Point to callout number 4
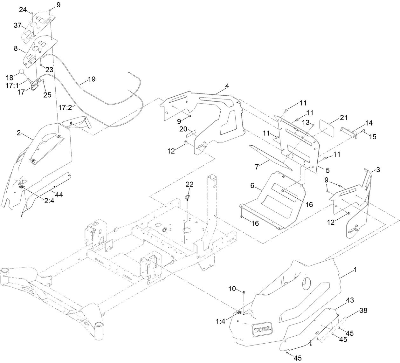pos(226,86)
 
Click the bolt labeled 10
pos(244,292)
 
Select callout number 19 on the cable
pos(91,79)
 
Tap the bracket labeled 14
pos(349,132)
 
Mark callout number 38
pos(363,311)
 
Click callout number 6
pos(252,186)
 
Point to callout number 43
pos(349,300)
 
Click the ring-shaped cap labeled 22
pos(188,199)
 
